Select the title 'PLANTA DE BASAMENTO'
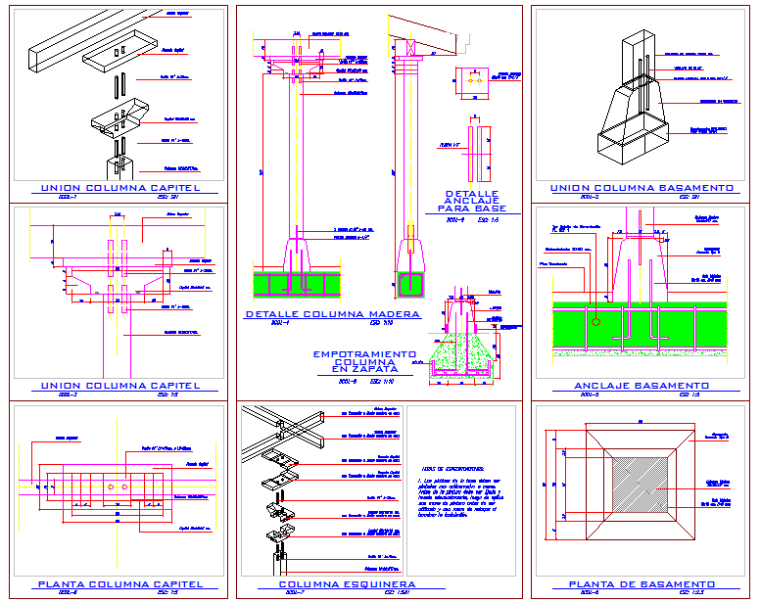coord(641,584)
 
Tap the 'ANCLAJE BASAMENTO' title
coord(641,386)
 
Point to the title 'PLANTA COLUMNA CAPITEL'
coord(120,584)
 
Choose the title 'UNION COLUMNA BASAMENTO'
coord(642,187)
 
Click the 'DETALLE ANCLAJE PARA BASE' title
coord(472,201)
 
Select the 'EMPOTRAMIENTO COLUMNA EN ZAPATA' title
coord(364,361)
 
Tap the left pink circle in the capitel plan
coord(113,487)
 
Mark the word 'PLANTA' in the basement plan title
coord(595,584)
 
